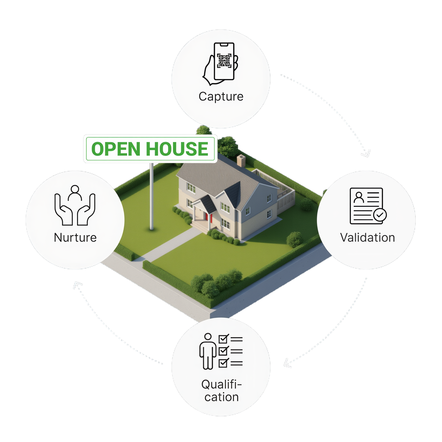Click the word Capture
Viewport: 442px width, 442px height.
pos(221,97)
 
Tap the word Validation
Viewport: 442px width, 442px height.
pos(367,238)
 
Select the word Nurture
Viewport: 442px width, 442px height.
pos(75,238)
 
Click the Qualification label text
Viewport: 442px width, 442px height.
pos(221,391)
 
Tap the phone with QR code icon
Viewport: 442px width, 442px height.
pos(221,63)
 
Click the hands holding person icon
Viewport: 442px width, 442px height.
pos(75,206)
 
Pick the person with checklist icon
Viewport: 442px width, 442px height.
pos(221,351)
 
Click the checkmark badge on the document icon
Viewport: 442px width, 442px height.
pos(380,215)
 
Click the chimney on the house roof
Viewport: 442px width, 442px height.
pos(241,160)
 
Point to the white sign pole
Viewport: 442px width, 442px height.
pos(152,196)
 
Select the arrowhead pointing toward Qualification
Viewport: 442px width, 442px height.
pos(287,364)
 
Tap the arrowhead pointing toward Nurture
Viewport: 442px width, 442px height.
pos(77,285)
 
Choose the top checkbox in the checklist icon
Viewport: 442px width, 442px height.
pos(223,339)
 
